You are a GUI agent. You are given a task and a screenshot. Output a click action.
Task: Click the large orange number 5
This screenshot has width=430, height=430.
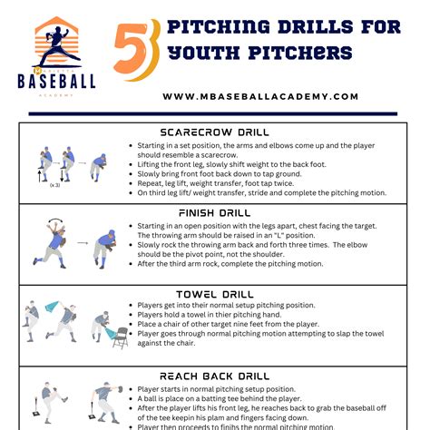(136, 47)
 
